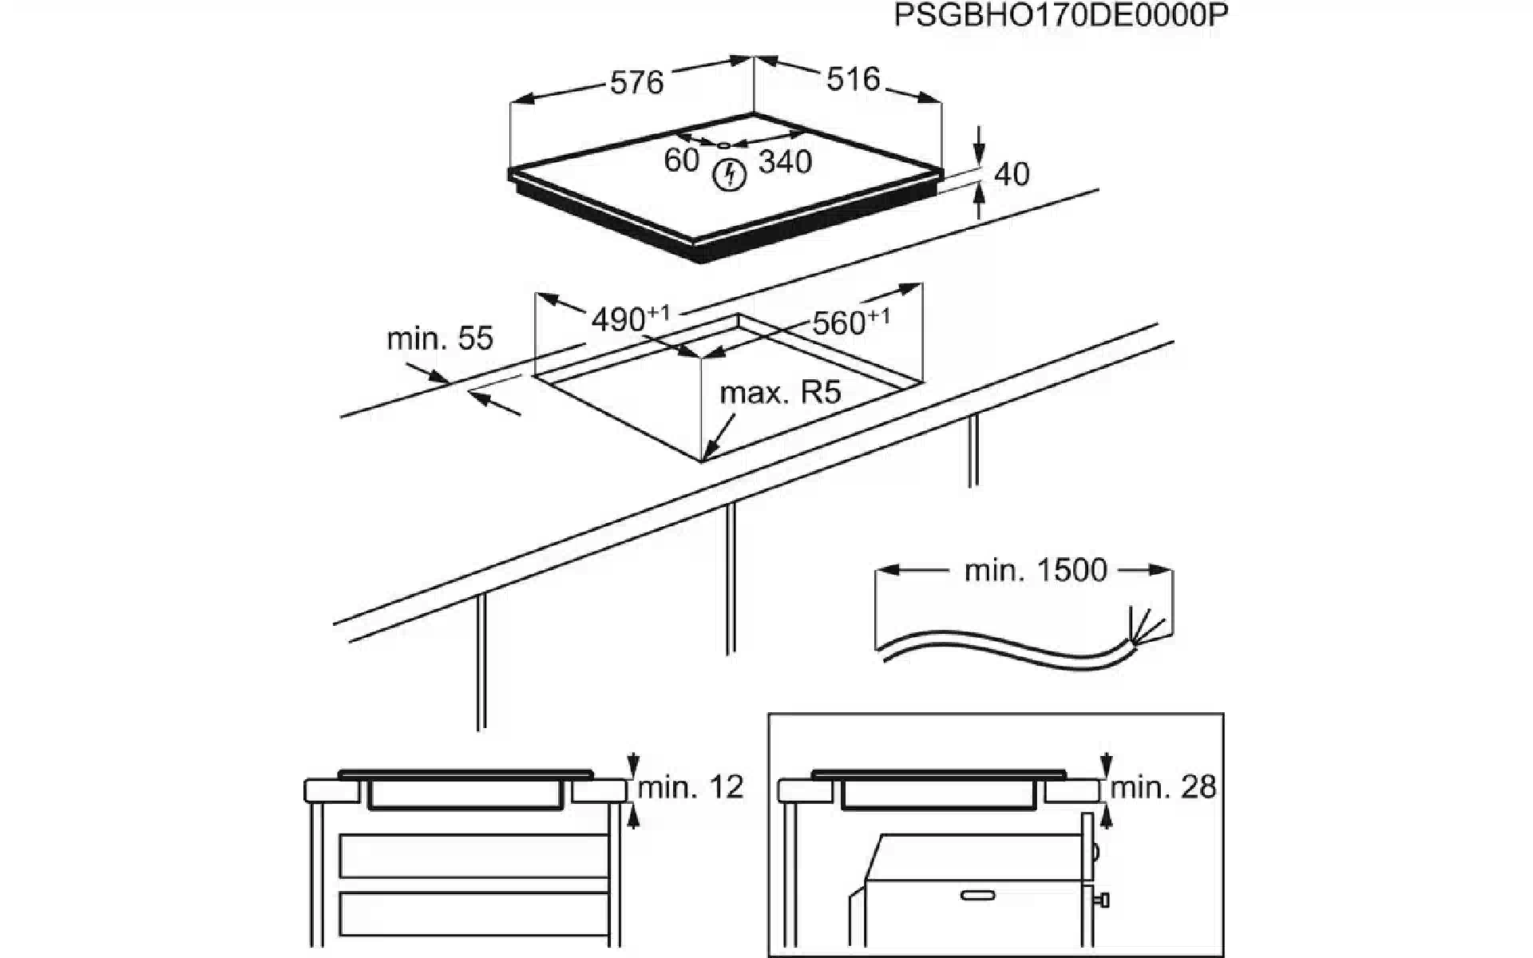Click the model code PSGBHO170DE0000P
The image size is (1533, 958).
tap(1060, 16)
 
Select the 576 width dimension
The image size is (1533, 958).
tap(636, 81)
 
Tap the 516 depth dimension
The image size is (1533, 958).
tap(852, 79)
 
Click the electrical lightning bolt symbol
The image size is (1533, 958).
tap(728, 175)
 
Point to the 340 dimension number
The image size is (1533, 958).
tap(785, 162)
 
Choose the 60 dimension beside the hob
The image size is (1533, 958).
tap(681, 160)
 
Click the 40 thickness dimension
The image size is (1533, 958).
tap(1012, 174)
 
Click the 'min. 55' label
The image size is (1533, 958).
tap(440, 338)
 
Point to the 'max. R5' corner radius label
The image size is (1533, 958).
tap(780, 393)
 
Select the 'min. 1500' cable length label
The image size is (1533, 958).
tap(1036, 570)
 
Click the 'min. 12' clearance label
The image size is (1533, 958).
tap(691, 787)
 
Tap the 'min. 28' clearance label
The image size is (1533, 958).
tap(1163, 787)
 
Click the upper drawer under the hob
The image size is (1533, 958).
tap(473, 856)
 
